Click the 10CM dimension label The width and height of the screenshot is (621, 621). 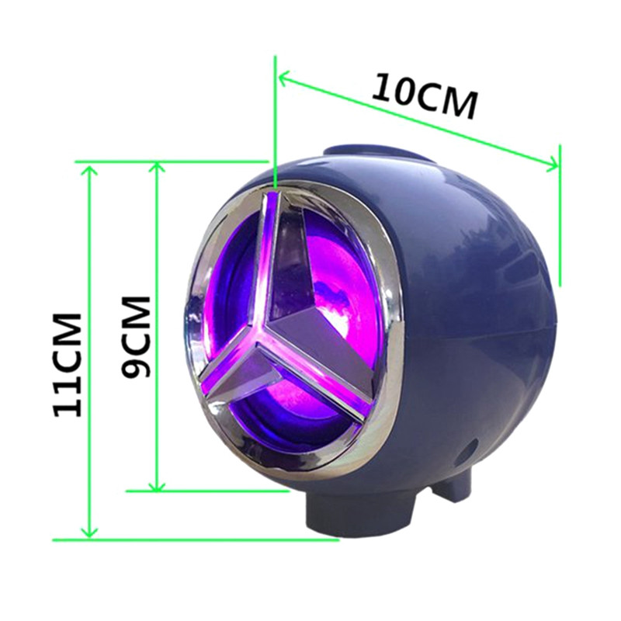(x=424, y=95)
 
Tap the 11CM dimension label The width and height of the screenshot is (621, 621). (x=68, y=365)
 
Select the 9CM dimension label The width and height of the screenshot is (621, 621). (x=136, y=337)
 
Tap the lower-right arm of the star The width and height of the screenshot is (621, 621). (x=317, y=368)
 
